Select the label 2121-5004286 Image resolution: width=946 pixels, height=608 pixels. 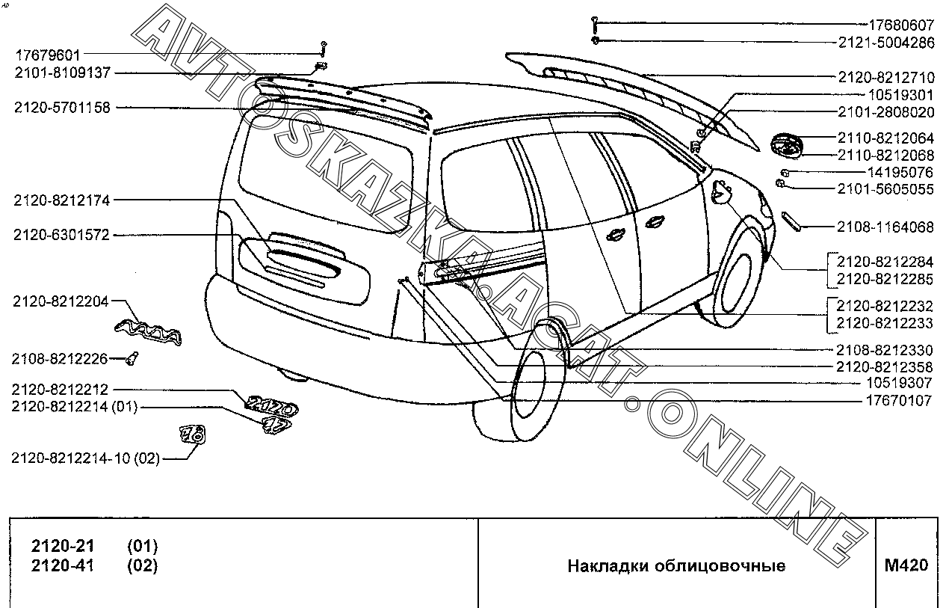(885, 43)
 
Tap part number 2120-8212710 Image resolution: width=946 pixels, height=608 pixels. (885, 76)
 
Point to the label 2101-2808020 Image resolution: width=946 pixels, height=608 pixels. (885, 112)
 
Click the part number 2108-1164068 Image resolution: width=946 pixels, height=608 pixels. (885, 227)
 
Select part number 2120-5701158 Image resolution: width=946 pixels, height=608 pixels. (62, 108)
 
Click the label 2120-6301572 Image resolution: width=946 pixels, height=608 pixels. (62, 235)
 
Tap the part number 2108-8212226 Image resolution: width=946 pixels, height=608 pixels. (60, 358)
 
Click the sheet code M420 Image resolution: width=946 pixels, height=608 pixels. (906, 565)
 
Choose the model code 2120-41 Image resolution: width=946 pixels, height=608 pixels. (63, 565)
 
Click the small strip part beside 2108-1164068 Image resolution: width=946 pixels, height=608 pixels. (792, 223)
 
